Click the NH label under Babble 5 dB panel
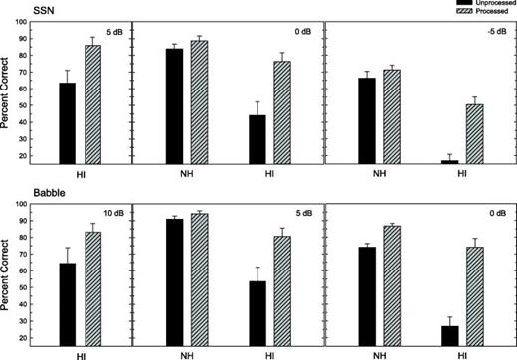tap(187, 353)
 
